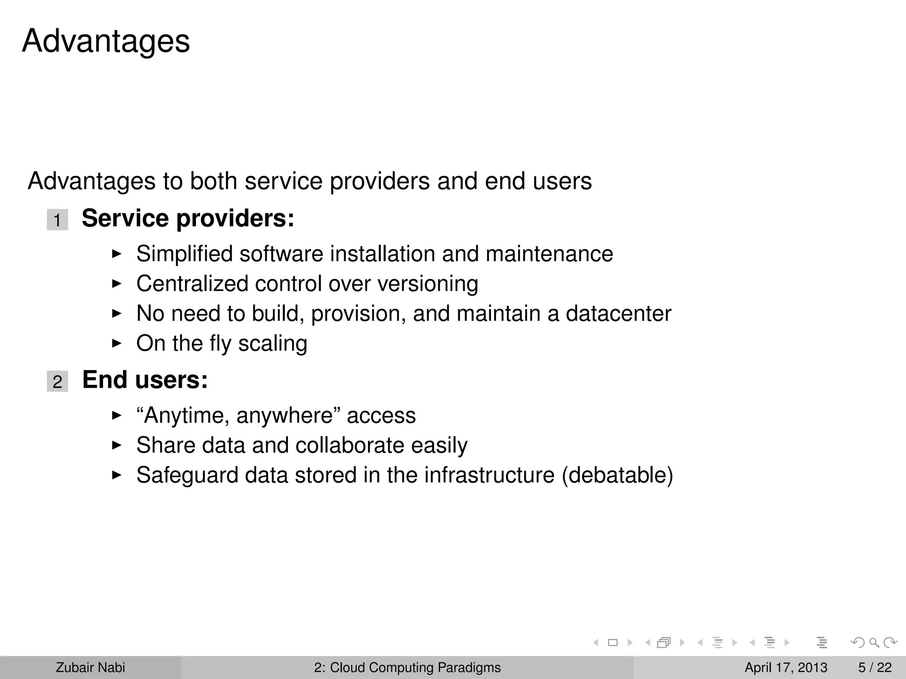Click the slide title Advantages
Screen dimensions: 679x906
pos(106,41)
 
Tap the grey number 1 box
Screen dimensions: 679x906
pos(58,220)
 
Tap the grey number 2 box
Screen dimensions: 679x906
pos(58,381)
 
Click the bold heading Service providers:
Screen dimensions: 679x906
pos(188,218)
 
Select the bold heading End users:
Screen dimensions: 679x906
pos(145,380)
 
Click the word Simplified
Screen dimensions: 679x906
pos(184,254)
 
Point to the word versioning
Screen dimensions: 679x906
pos(428,284)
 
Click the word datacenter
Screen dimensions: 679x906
pos(618,313)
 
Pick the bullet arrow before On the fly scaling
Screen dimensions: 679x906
pos(116,343)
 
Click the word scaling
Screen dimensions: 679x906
pos(273,343)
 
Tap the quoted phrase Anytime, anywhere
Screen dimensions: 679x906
pos(239,416)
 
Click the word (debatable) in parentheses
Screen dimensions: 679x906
pos(617,475)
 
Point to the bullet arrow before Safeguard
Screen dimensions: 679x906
pos(116,475)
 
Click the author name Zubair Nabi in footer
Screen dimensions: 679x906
pos(90,668)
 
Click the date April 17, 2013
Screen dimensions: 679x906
pos(786,668)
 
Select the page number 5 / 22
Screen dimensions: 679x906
pos(875,668)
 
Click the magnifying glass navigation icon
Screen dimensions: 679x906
pos(874,642)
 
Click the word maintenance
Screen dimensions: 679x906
pos(549,254)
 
